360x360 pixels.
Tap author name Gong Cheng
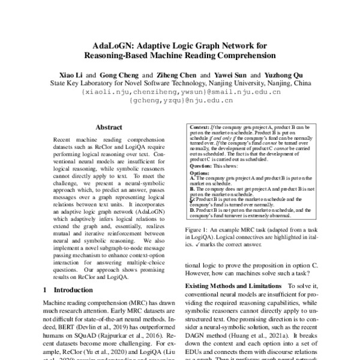click(x=120, y=73)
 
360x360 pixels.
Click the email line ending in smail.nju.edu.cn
click(x=179, y=93)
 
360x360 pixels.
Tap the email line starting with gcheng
click(x=179, y=103)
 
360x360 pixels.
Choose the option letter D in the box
click(x=191, y=211)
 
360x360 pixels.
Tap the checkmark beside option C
click(x=191, y=199)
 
